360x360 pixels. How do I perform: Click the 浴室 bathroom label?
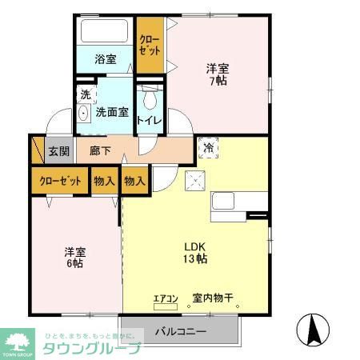coord(106,58)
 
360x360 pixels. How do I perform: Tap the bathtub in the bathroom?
coord(104,33)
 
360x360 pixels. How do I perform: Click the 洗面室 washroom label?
coord(111,113)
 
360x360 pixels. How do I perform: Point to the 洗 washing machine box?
coord(85,94)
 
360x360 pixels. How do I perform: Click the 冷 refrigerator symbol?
coord(208,149)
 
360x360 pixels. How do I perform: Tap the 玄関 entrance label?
coord(58,151)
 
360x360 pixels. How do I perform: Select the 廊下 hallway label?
coord(100,150)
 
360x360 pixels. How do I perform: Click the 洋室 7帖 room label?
coord(218,74)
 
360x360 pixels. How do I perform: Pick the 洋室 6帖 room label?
coord(76,258)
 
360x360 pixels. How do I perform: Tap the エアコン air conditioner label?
coord(165,299)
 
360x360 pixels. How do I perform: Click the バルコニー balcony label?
coord(180,331)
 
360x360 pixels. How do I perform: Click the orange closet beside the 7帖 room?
coord(149,43)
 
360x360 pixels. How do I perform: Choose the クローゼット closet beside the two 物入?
coord(59,182)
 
